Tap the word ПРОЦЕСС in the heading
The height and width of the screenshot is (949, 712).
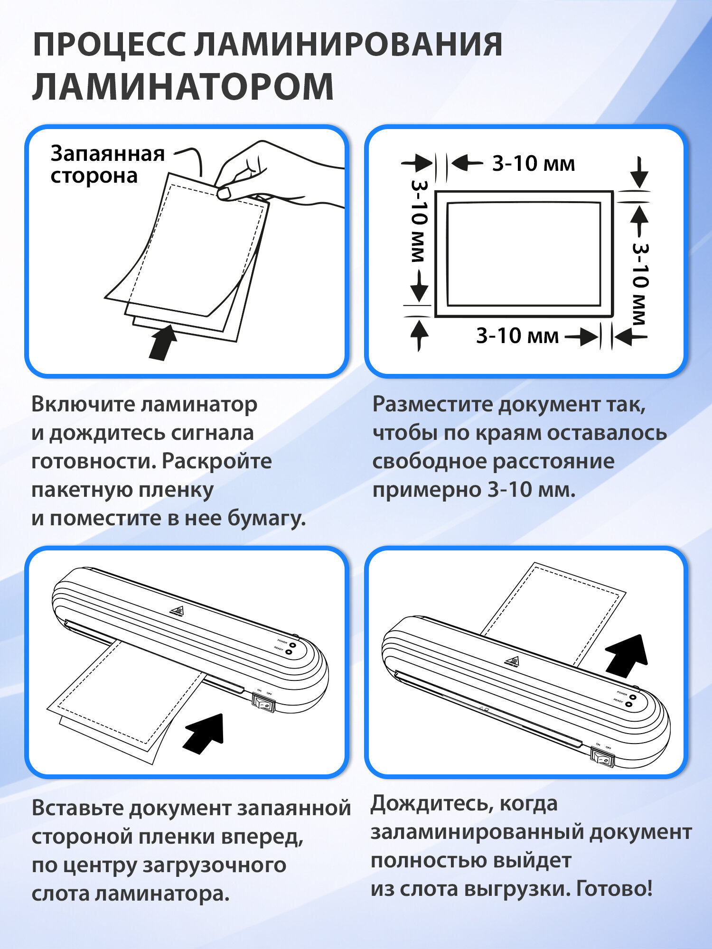pos(109,45)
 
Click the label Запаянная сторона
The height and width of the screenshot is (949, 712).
pos(107,165)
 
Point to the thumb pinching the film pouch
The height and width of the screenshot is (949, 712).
pos(224,192)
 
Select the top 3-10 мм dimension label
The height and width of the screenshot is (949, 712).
pos(533,164)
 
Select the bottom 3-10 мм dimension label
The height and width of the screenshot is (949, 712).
pos(517,336)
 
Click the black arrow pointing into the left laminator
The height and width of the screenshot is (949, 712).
pos(205,733)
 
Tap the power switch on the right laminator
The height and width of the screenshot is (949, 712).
pos(602,757)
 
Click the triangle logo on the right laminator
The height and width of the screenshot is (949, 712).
pos(512,661)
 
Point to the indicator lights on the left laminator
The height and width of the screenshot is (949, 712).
pos(291,649)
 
